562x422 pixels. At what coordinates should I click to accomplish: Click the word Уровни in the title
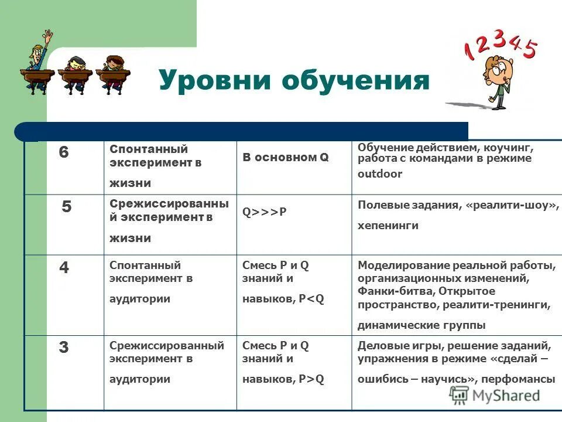pos(214,80)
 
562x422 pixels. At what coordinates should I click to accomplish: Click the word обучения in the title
pos(355,80)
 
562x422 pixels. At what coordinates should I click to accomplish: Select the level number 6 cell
pos(64,152)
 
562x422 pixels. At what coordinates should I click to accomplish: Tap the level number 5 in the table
pos(67,207)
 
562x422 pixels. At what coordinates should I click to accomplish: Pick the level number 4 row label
pos(64,267)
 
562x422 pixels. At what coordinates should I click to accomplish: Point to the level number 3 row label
pos(64,348)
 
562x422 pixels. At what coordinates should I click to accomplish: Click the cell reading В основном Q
pos(286,158)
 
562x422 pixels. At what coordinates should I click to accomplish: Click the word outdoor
pos(380,174)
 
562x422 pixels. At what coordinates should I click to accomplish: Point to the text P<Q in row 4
pos(311,298)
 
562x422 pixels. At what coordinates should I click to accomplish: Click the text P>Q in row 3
pos(311,379)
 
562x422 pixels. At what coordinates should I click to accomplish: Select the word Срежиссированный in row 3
pos(167,346)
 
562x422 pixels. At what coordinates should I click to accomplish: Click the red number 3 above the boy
pos(499,39)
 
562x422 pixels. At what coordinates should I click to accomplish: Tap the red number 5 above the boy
pos(529,50)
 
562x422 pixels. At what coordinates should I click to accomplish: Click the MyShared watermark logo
pos(495,394)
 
